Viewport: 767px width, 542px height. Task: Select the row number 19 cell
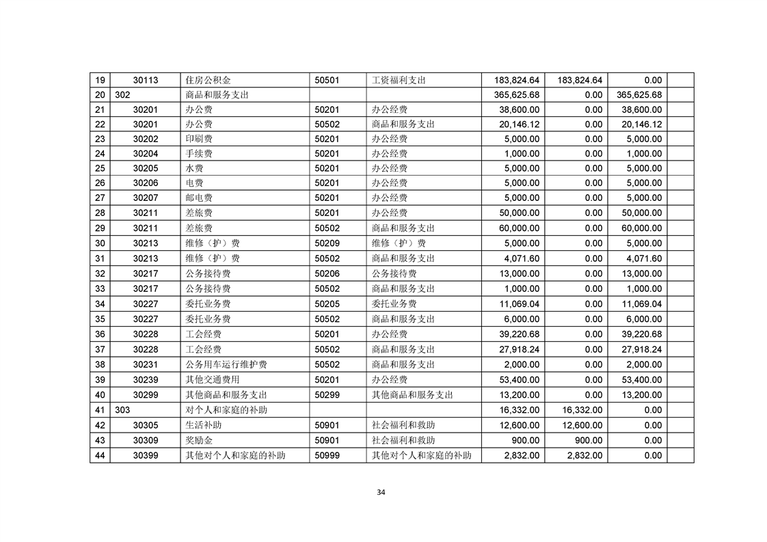point(100,80)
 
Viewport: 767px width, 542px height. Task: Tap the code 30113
point(146,80)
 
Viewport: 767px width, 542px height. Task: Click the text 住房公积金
point(208,80)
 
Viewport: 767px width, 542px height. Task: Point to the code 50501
point(325,80)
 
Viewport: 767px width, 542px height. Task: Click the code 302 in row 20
point(123,95)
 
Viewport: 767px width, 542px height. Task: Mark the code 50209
point(325,243)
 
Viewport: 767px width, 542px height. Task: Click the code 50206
point(325,273)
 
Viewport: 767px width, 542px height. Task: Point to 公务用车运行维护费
point(226,364)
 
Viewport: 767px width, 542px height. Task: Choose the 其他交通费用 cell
point(212,379)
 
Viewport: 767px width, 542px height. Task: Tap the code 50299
point(325,394)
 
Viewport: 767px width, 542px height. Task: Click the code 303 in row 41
point(123,410)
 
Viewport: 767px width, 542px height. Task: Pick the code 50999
point(325,455)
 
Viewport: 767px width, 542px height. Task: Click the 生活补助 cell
point(203,425)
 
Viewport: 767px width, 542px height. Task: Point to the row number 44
point(100,455)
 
